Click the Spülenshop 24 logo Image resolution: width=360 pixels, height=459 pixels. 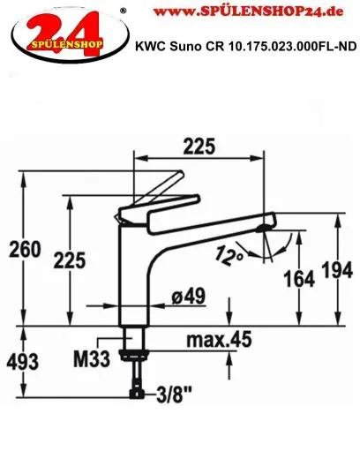[x=70, y=34]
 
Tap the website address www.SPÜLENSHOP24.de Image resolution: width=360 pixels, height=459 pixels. [x=249, y=11]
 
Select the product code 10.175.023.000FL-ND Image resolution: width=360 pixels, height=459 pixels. [x=292, y=47]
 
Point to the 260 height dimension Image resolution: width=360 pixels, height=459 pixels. [x=25, y=249]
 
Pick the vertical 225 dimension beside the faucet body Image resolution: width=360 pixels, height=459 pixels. [x=70, y=260]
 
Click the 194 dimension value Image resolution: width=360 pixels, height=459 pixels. [x=337, y=270]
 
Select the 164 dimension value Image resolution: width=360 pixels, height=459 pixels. [x=299, y=279]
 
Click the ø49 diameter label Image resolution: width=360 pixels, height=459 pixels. [x=189, y=296]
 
